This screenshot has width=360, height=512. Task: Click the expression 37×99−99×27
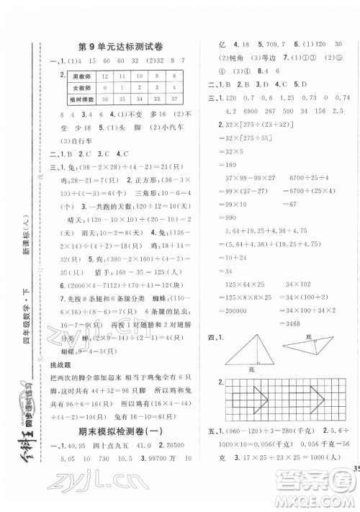240,177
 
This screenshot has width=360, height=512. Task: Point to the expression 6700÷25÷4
297,177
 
